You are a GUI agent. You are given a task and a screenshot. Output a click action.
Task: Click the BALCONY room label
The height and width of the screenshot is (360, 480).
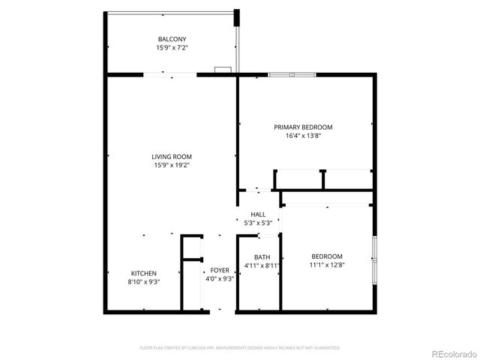[x=172, y=39]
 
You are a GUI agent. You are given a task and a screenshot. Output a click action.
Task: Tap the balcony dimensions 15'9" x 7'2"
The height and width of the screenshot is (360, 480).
[x=172, y=47]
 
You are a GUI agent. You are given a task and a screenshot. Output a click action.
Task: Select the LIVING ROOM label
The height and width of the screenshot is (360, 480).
[x=172, y=157]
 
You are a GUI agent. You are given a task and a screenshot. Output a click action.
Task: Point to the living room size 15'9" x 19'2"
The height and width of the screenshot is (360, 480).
[x=172, y=165]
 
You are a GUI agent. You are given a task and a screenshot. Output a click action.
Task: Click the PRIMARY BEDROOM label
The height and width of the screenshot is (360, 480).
[x=303, y=127]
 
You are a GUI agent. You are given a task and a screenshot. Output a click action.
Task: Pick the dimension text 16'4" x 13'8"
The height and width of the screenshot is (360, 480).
[x=303, y=136]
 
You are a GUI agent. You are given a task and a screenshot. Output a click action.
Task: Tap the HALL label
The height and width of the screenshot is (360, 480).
[x=258, y=214]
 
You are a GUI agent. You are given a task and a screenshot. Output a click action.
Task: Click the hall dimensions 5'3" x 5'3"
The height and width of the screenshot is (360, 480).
[x=258, y=223]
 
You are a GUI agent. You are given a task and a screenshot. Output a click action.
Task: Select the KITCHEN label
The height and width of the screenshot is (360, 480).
[x=144, y=273]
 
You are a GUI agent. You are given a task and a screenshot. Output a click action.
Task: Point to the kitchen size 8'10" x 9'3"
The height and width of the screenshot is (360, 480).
[x=144, y=281]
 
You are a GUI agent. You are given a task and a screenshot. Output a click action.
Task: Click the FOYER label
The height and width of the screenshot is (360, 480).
[x=220, y=270]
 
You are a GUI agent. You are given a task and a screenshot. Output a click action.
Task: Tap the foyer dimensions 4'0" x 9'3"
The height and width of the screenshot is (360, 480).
[x=220, y=278]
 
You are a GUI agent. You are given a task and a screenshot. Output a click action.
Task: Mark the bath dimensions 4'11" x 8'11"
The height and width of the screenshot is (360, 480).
[x=262, y=265]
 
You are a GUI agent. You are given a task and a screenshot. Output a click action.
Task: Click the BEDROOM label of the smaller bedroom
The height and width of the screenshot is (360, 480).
[x=327, y=256]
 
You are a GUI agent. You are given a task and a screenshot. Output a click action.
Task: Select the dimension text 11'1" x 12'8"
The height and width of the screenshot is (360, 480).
[x=327, y=264]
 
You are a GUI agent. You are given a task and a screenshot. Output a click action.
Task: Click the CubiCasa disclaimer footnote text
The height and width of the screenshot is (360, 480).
[x=240, y=348]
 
